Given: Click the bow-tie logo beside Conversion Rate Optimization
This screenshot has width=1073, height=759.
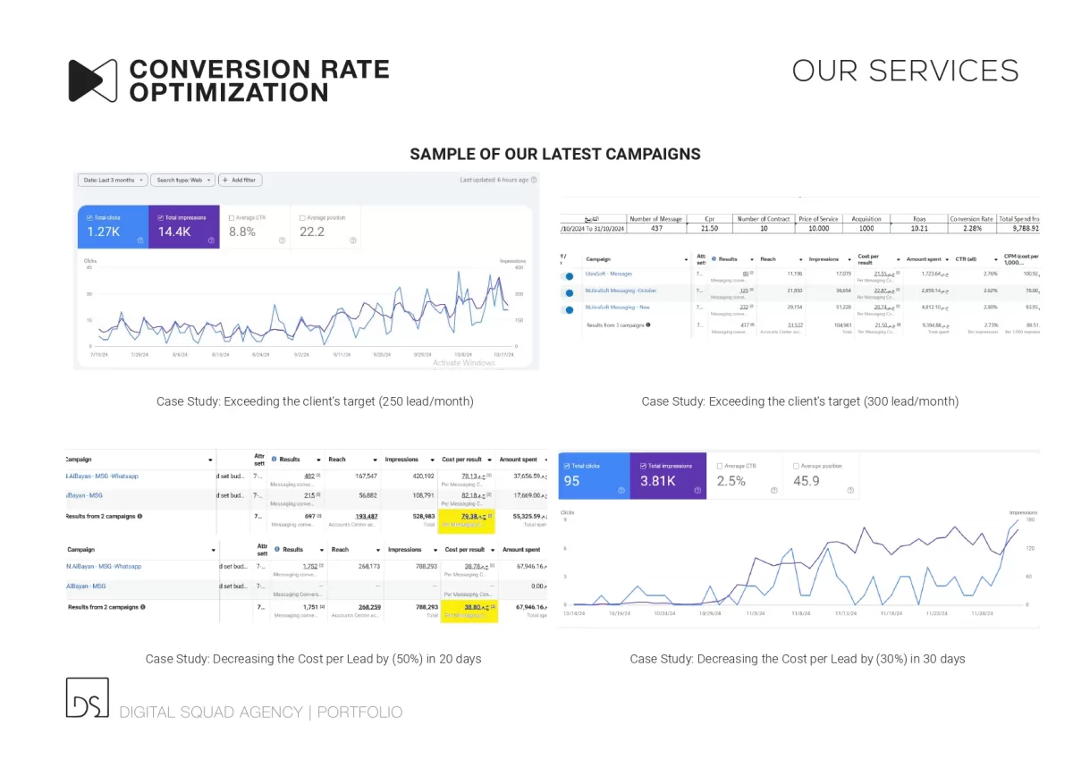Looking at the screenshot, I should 93,80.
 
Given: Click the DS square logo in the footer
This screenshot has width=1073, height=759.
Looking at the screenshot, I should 87,697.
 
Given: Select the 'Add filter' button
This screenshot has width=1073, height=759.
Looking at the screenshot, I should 239,180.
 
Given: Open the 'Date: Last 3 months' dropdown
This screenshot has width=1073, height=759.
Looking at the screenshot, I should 112,180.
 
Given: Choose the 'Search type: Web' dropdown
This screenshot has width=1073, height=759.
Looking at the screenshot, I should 182,180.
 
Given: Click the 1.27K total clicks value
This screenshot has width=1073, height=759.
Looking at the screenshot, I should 103,232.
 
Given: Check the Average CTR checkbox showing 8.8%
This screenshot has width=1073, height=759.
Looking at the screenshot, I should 232,217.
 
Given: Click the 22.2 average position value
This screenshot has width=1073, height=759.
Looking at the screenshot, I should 312,232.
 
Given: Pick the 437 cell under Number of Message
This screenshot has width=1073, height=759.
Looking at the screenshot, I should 656,229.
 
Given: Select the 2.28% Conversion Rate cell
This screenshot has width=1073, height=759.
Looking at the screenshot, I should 972,229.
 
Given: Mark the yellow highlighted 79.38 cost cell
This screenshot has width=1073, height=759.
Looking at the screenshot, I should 468,517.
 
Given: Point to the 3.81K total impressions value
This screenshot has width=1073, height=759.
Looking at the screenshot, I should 657,481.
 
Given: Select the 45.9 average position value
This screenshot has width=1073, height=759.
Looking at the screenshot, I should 807,481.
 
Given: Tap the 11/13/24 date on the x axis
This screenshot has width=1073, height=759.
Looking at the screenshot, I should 847,614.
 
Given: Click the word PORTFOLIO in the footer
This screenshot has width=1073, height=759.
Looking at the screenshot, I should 359,713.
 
